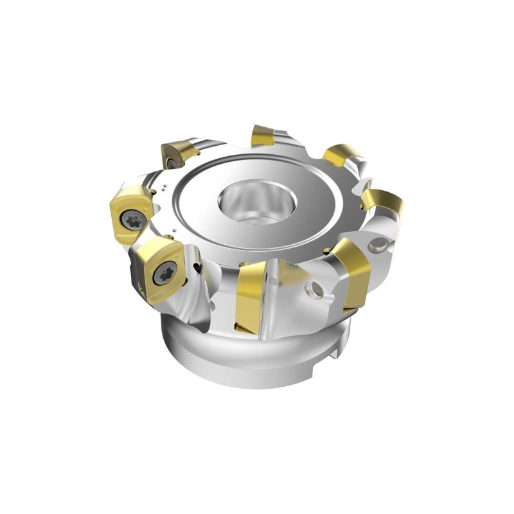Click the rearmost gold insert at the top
(263, 135)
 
